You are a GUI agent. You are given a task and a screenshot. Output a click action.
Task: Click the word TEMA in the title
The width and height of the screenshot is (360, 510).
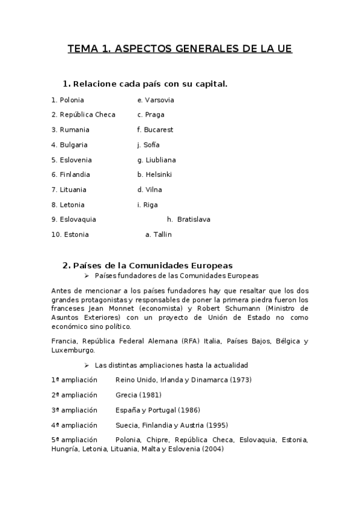tap(82, 49)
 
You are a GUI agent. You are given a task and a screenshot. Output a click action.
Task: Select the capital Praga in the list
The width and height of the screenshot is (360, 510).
tap(154, 115)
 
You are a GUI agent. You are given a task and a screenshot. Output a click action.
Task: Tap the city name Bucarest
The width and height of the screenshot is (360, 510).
tap(158, 130)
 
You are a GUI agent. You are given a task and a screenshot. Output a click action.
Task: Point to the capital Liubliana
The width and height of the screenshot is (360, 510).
tap(160, 160)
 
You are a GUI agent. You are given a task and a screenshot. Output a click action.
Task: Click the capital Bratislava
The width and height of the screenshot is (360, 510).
tap(194, 220)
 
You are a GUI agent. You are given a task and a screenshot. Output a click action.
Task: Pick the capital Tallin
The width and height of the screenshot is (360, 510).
tap(162, 235)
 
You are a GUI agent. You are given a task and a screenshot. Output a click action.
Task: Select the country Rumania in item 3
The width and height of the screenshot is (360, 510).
tap(75, 130)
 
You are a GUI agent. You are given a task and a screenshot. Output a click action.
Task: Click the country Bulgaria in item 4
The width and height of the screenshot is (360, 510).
tap(73, 145)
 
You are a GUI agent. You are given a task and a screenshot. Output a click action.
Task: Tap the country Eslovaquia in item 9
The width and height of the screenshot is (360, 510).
tap(78, 220)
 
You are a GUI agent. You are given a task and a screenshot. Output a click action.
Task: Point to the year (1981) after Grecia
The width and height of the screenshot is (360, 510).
tap(150, 395)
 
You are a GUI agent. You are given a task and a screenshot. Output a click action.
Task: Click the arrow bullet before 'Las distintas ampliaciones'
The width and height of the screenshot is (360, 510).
tap(87, 365)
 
